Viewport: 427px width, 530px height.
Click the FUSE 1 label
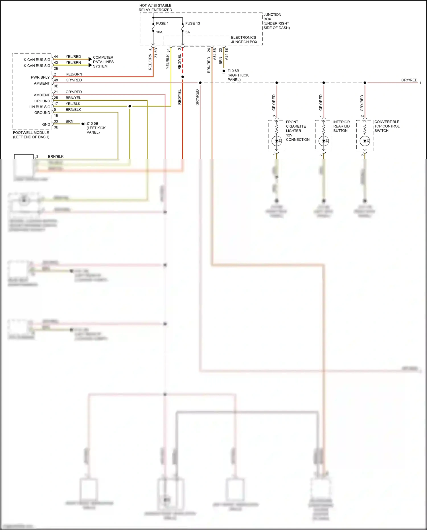coord(162,23)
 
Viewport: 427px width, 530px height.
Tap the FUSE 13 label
coord(192,23)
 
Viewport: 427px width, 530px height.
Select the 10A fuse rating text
coord(159,32)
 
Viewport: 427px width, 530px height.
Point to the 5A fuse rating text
coord(187,32)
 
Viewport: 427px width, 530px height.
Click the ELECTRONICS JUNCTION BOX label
coord(244,40)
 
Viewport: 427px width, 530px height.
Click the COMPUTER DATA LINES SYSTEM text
coord(103,62)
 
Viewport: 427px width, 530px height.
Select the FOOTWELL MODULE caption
coord(31,135)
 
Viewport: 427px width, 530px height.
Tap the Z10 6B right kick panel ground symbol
coord(224,71)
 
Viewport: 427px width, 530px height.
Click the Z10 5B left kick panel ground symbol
coord(83,124)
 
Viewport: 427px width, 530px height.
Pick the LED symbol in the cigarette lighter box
coord(277,141)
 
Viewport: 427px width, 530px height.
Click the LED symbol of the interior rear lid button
coord(324,141)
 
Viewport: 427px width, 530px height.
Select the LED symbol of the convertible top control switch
coord(365,141)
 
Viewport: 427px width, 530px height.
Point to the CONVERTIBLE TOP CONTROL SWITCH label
coord(387,126)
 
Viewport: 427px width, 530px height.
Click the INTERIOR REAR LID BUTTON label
coord(341,126)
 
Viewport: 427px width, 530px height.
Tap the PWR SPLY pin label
coord(40,77)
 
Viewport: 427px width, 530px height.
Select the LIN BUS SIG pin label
coord(40,107)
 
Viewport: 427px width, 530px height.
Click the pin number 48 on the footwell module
coord(56,80)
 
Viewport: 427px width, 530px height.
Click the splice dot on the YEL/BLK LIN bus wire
coord(130,106)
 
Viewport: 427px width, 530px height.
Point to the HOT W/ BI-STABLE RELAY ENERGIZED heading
coord(155,8)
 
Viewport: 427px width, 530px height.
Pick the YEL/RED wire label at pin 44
coord(73,57)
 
